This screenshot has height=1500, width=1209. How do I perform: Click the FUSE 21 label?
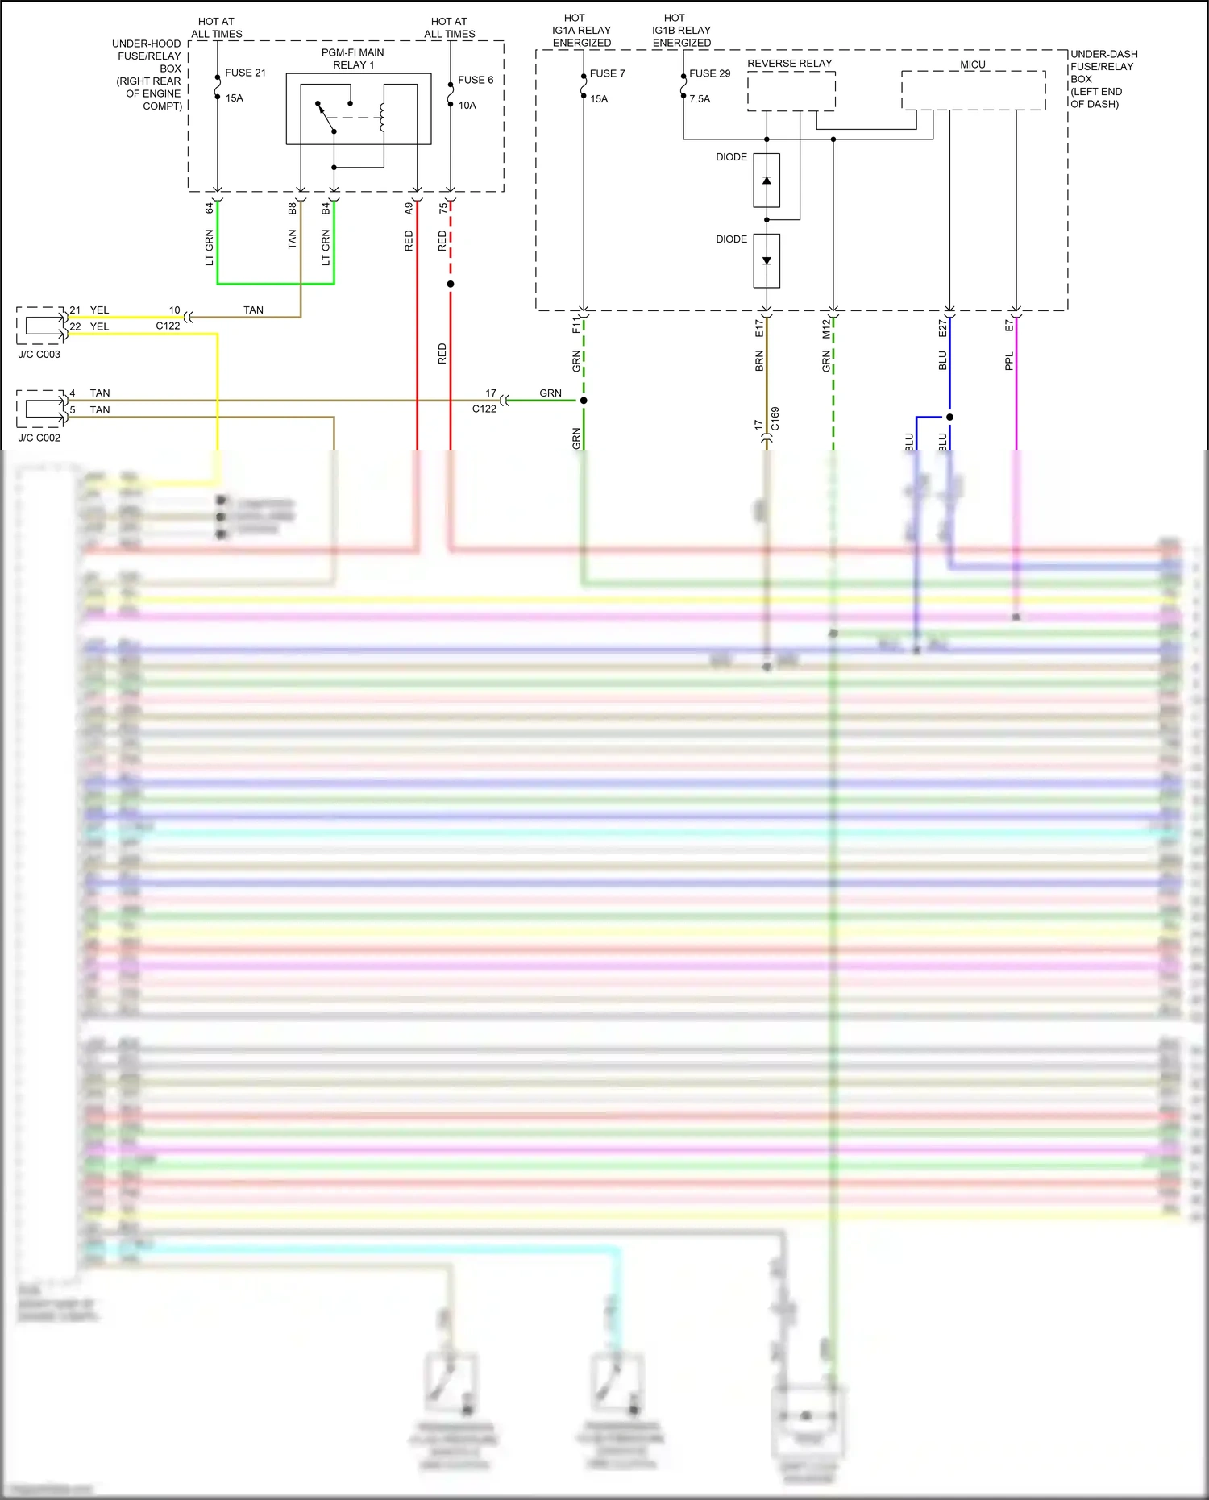pyautogui.click(x=245, y=73)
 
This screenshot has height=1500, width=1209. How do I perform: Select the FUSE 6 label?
pyautogui.click(x=476, y=80)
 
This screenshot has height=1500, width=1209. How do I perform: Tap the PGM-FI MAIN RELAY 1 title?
pyautogui.click(x=353, y=59)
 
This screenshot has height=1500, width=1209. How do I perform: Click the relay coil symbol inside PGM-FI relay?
pyautogui.click(x=382, y=116)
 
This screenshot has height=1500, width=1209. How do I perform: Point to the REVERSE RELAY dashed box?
pyautogui.click(x=791, y=91)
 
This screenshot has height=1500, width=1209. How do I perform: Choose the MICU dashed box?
pyautogui.click(x=973, y=90)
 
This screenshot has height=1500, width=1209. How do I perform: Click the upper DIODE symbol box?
pyautogui.click(x=767, y=181)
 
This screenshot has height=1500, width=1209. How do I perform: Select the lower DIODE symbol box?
pyautogui.click(x=767, y=260)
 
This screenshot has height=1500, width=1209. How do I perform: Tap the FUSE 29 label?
pyautogui.click(x=709, y=73)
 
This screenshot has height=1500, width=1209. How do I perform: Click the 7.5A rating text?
pyautogui.click(x=700, y=99)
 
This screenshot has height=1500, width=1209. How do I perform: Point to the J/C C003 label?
pyautogui.click(x=39, y=354)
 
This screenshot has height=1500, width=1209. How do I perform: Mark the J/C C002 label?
pyautogui.click(x=39, y=438)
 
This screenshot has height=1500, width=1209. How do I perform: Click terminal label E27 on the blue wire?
pyautogui.click(x=942, y=327)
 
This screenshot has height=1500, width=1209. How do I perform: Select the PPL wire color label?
pyautogui.click(x=1008, y=362)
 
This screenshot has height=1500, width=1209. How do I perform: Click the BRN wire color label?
pyautogui.click(x=759, y=361)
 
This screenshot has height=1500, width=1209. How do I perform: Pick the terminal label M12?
pyautogui.click(x=826, y=328)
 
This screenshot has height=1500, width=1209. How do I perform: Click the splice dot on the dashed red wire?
pyautogui.click(x=451, y=284)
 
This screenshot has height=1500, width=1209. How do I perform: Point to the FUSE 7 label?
pyautogui.click(x=607, y=73)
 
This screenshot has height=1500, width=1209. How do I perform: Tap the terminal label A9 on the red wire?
pyautogui.click(x=409, y=208)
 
